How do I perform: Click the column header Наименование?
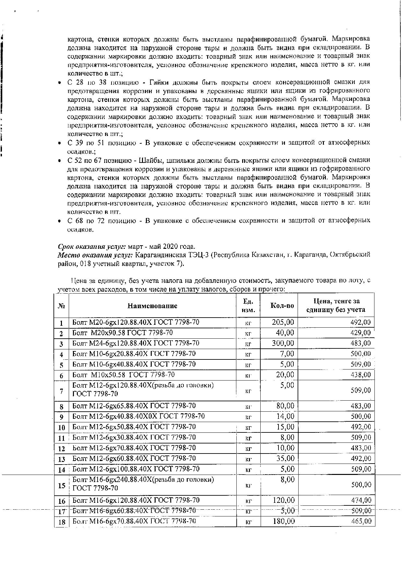pos(152,306)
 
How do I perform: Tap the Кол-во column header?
pos(282,306)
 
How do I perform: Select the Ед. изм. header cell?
pos(248,306)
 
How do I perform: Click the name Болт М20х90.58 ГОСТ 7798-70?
pos(122,333)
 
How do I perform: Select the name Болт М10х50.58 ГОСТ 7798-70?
pos(123,375)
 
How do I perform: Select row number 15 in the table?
pos(62,486)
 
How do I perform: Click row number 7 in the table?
pos(62,391)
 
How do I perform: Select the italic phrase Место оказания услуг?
pos(96,255)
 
